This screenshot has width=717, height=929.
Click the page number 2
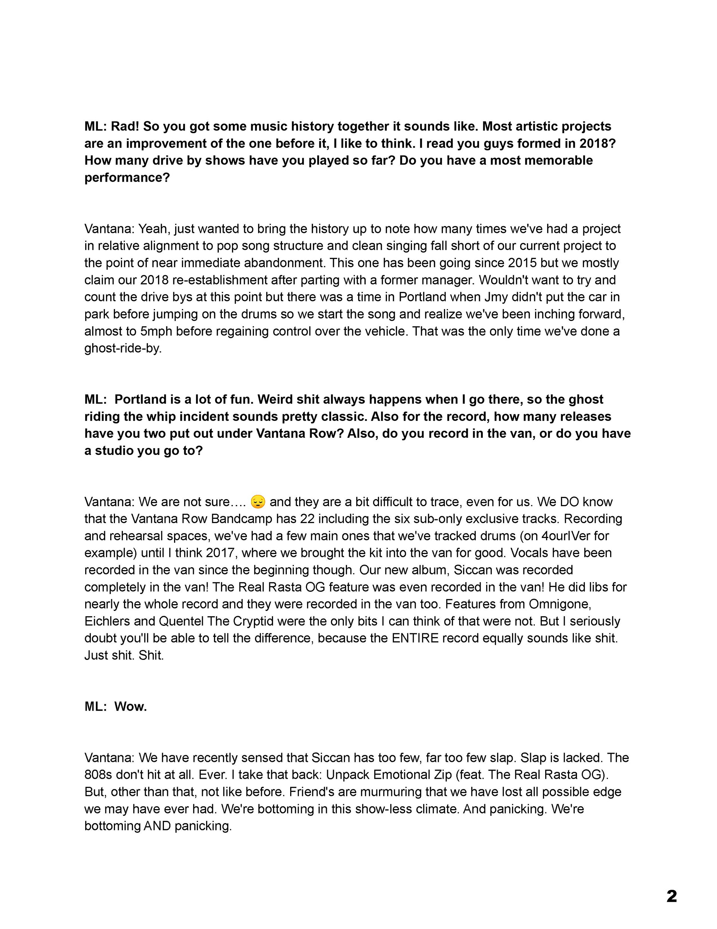[x=671, y=896]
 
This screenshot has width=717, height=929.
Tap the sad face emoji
[x=258, y=502]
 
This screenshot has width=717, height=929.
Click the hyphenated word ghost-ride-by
[x=123, y=348]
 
